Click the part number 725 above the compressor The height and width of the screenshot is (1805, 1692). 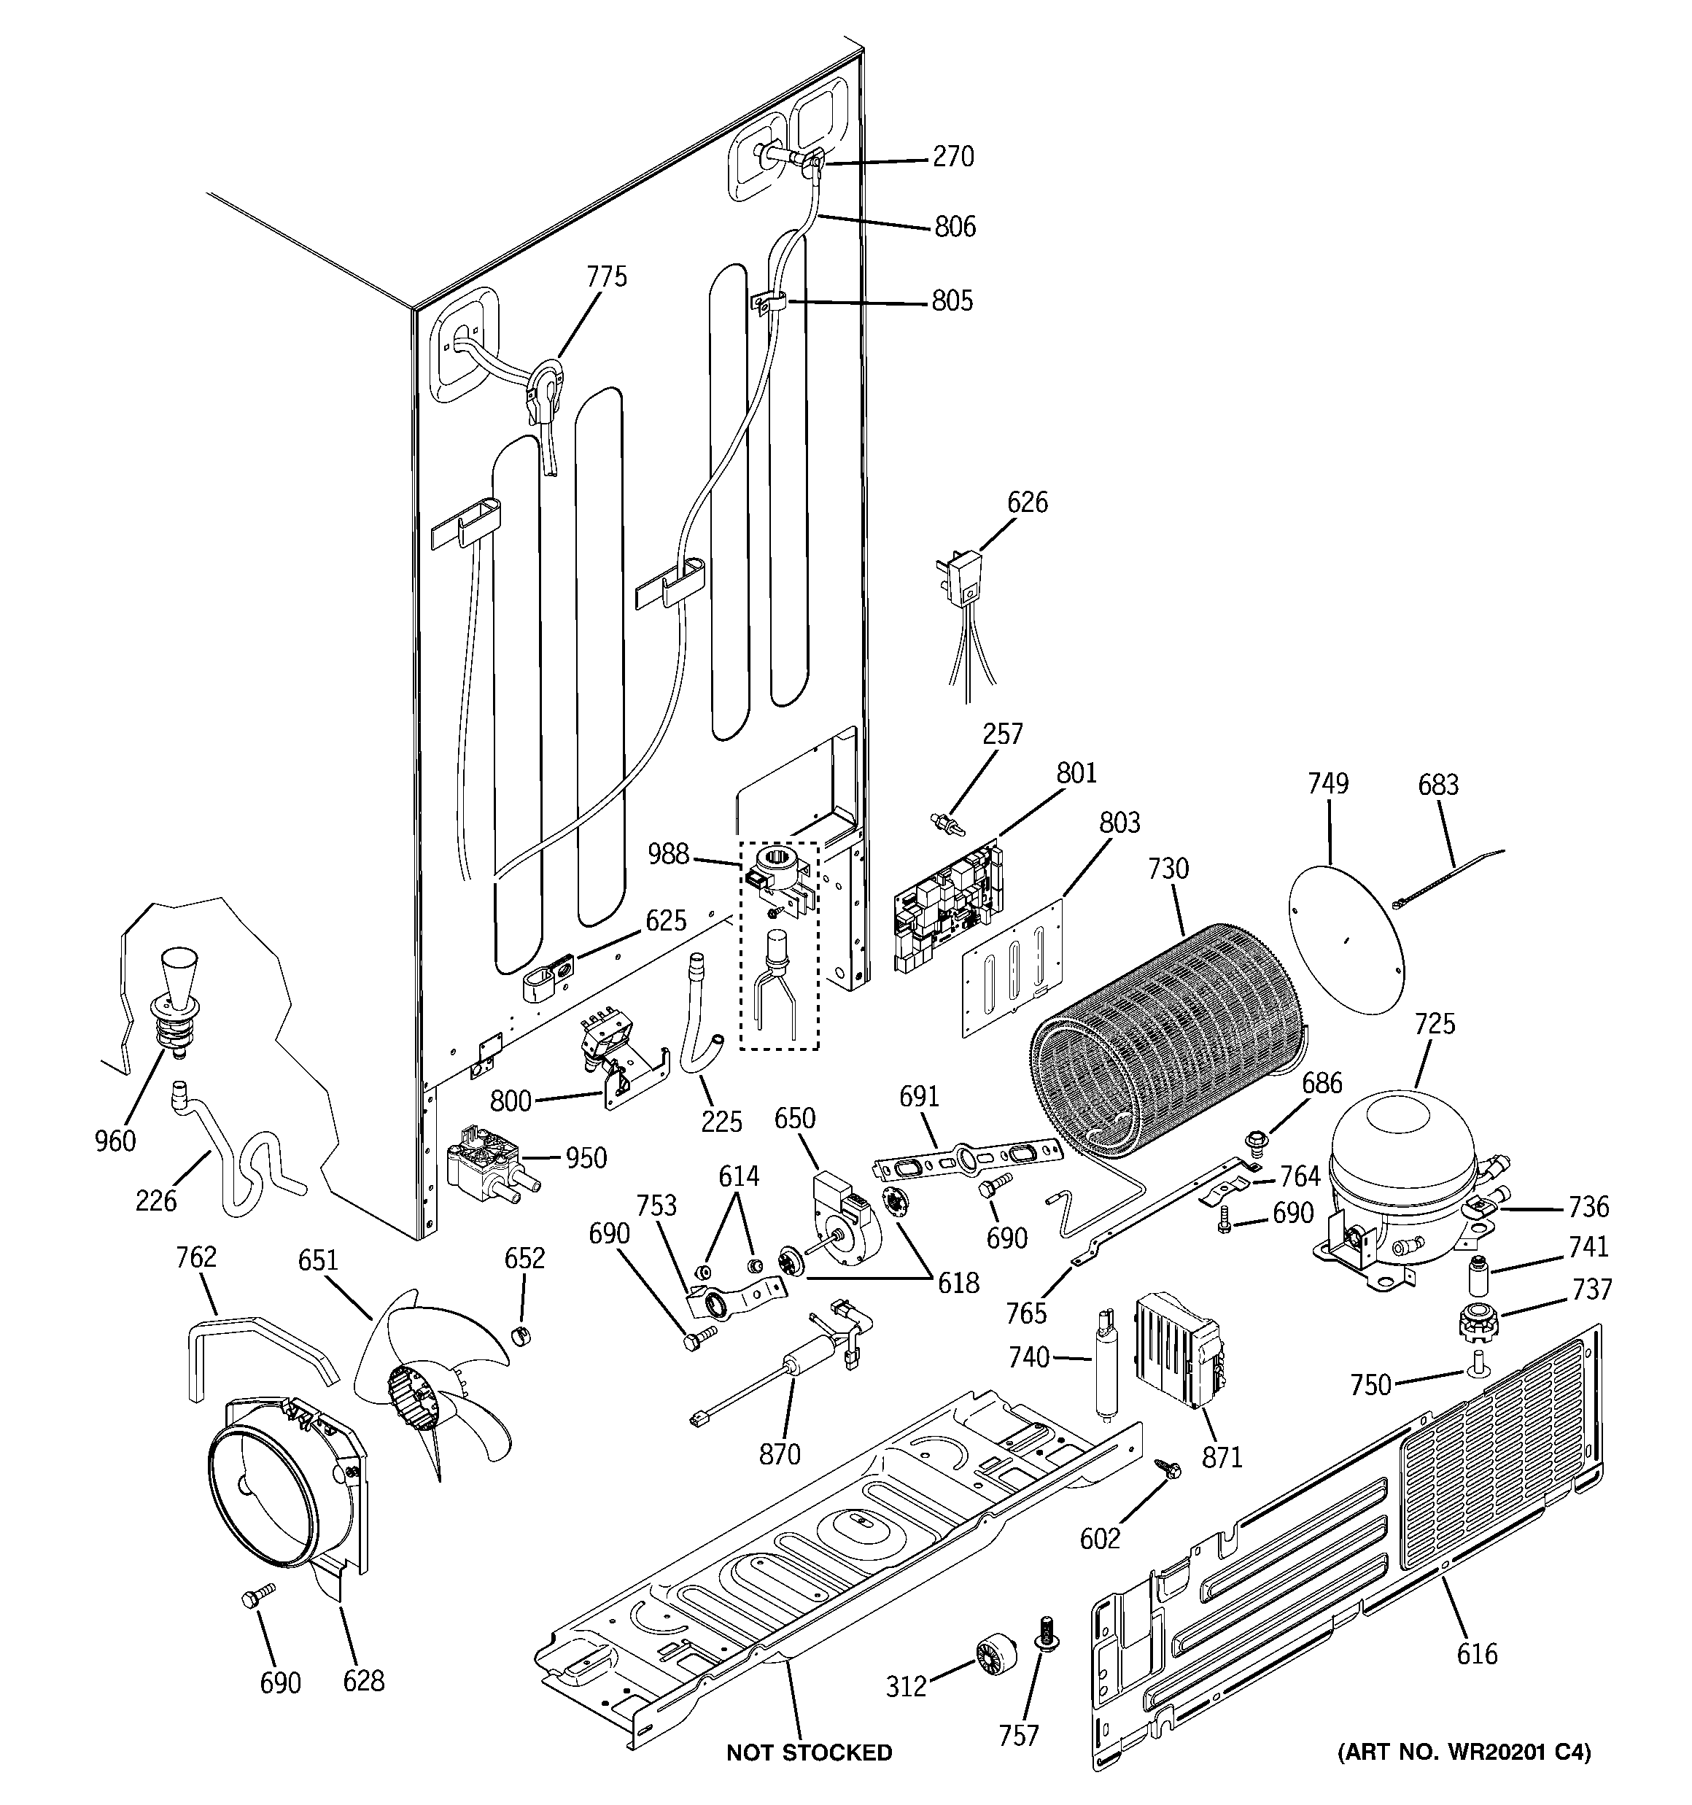(1434, 1023)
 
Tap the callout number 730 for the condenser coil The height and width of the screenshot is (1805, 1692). (1167, 869)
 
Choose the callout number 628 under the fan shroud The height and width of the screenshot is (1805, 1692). (363, 1680)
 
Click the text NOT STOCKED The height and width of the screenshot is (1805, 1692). (808, 1752)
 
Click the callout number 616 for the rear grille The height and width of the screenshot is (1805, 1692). (1476, 1653)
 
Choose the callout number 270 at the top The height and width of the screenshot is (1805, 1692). (952, 157)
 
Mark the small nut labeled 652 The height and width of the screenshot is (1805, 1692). (521, 1335)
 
